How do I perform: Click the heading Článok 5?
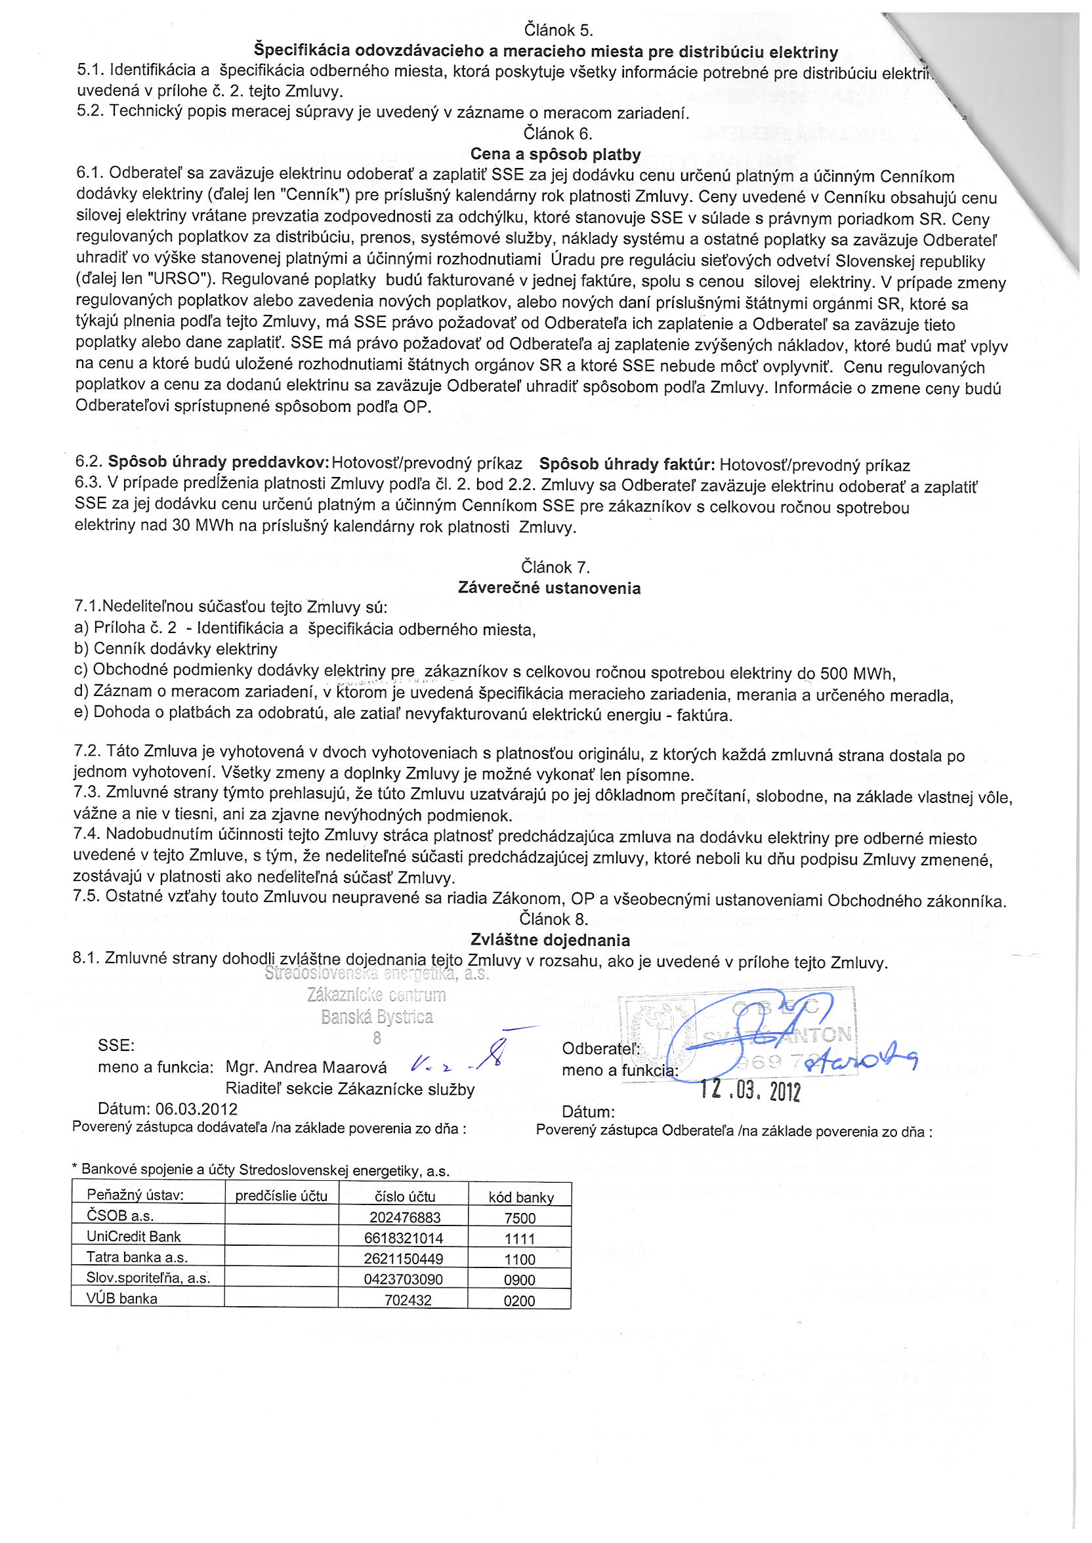pyautogui.click(x=558, y=30)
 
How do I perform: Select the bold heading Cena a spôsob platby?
pyautogui.click(x=555, y=155)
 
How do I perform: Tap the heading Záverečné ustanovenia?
pyautogui.click(x=549, y=588)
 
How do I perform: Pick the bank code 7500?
pyautogui.click(x=520, y=1218)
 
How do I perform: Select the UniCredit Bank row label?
pyautogui.click(x=134, y=1237)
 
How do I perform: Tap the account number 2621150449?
pyautogui.click(x=404, y=1259)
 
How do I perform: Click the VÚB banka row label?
pyautogui.click(x=121, y=1298)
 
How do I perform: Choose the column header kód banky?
pyautogui.click(x=521, y=1197)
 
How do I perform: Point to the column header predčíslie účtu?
pyautogui.click(x=281, y=1195)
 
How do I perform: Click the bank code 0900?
pyautogui.click(x=520, y=1279)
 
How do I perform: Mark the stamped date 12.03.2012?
pyautogui.click(x=750, y=1090)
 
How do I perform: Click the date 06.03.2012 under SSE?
pyautogui.click(x=196, y=1109)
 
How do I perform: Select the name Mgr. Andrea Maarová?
pyautogui.click(x=306, y=1067)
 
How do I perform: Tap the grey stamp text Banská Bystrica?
pyautogui.click(x=377, y=1017)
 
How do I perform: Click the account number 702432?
pyautogui.click(x=408, y=1300)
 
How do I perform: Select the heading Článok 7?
pyautogui.click(x=555, y=567)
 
